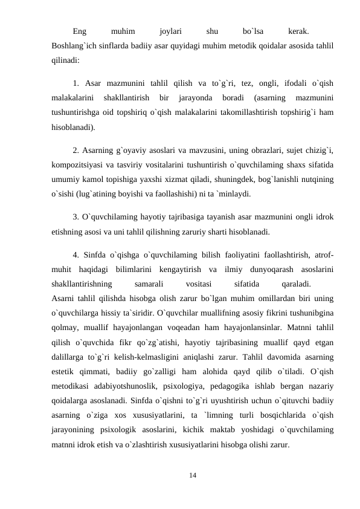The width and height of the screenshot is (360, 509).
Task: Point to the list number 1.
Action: coord(75,83)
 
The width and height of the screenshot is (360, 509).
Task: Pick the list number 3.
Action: coord(75,216)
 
